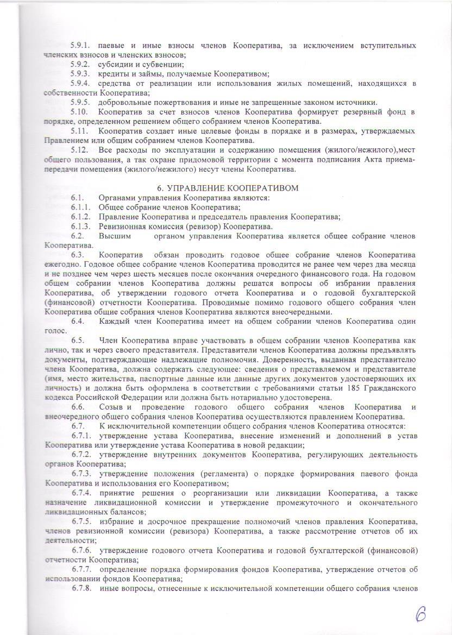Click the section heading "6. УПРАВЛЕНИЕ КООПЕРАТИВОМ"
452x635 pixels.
coord(225,187)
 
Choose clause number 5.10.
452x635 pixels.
coord(80,112)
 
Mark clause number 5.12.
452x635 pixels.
coord(80,150)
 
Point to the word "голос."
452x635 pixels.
coord(56,331)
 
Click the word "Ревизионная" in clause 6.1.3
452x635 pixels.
coord(121,227)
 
